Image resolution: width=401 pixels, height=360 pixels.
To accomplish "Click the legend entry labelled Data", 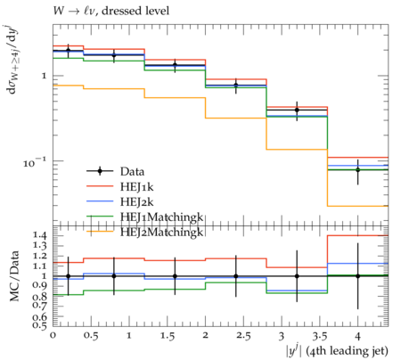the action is click(132, 171).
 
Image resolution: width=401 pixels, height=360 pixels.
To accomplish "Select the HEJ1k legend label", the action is click(136, 186).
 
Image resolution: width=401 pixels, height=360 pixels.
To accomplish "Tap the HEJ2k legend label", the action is click(136, 201).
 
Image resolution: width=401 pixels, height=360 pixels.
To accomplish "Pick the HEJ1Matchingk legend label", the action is click(162, 217).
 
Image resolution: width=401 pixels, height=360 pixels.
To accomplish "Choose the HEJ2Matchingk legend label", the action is click(162, 232).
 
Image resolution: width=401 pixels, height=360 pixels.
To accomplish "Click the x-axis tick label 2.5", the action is click(243, 336).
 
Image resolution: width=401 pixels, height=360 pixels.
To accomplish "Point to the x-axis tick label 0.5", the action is click(91, 336).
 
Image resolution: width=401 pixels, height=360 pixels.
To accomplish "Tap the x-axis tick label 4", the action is click(358, 336).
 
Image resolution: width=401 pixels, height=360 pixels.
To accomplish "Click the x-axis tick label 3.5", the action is click(320, 336).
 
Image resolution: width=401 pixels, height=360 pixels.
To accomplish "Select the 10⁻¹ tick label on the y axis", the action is click(35, 162).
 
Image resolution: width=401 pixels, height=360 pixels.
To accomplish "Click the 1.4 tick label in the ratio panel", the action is click(40, 236).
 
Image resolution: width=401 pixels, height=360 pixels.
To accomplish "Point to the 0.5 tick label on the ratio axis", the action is click(40, 324).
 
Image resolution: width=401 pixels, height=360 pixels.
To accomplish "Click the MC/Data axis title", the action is click(14, 276).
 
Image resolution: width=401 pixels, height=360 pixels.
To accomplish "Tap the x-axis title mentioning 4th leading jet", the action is click(337, 350).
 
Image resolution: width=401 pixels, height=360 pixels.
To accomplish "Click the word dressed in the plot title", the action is click(120, 11).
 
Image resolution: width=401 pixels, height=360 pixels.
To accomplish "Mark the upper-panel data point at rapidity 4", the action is click(358, 170).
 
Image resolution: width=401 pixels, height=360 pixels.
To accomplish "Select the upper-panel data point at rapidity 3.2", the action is click(297, 110).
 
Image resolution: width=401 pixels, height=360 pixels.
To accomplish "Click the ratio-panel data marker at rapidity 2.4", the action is click(236, 276).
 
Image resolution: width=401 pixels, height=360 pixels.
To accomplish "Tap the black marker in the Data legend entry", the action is click(100, 171).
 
